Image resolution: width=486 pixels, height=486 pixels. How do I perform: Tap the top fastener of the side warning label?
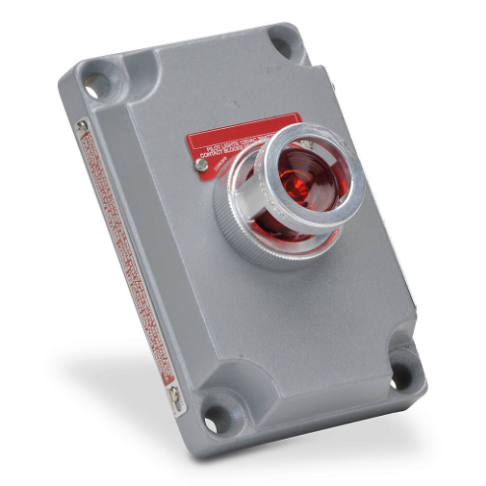81,126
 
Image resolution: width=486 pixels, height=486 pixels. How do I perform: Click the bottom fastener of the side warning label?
174,395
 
